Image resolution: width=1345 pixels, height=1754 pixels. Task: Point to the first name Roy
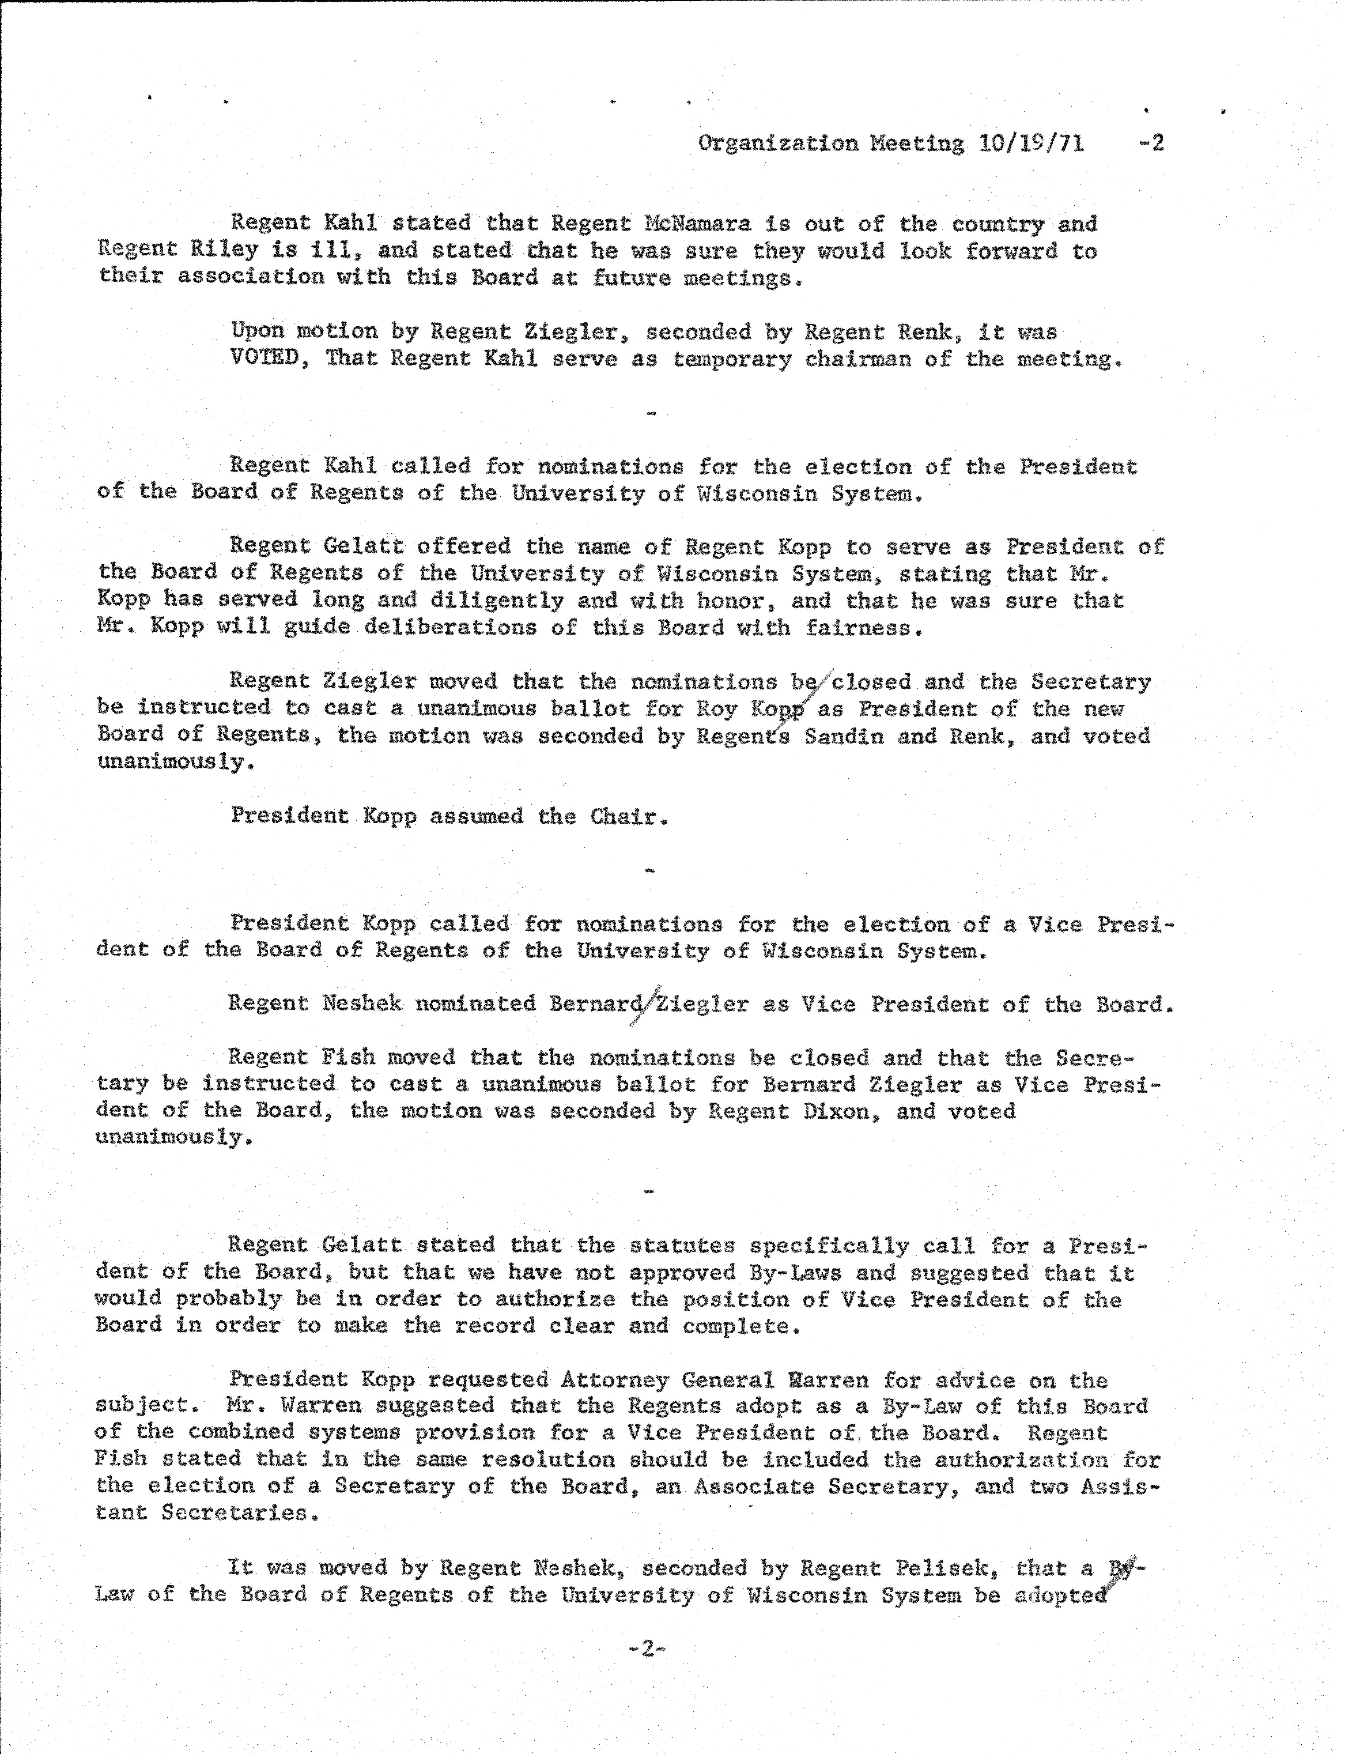coord(716,709)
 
